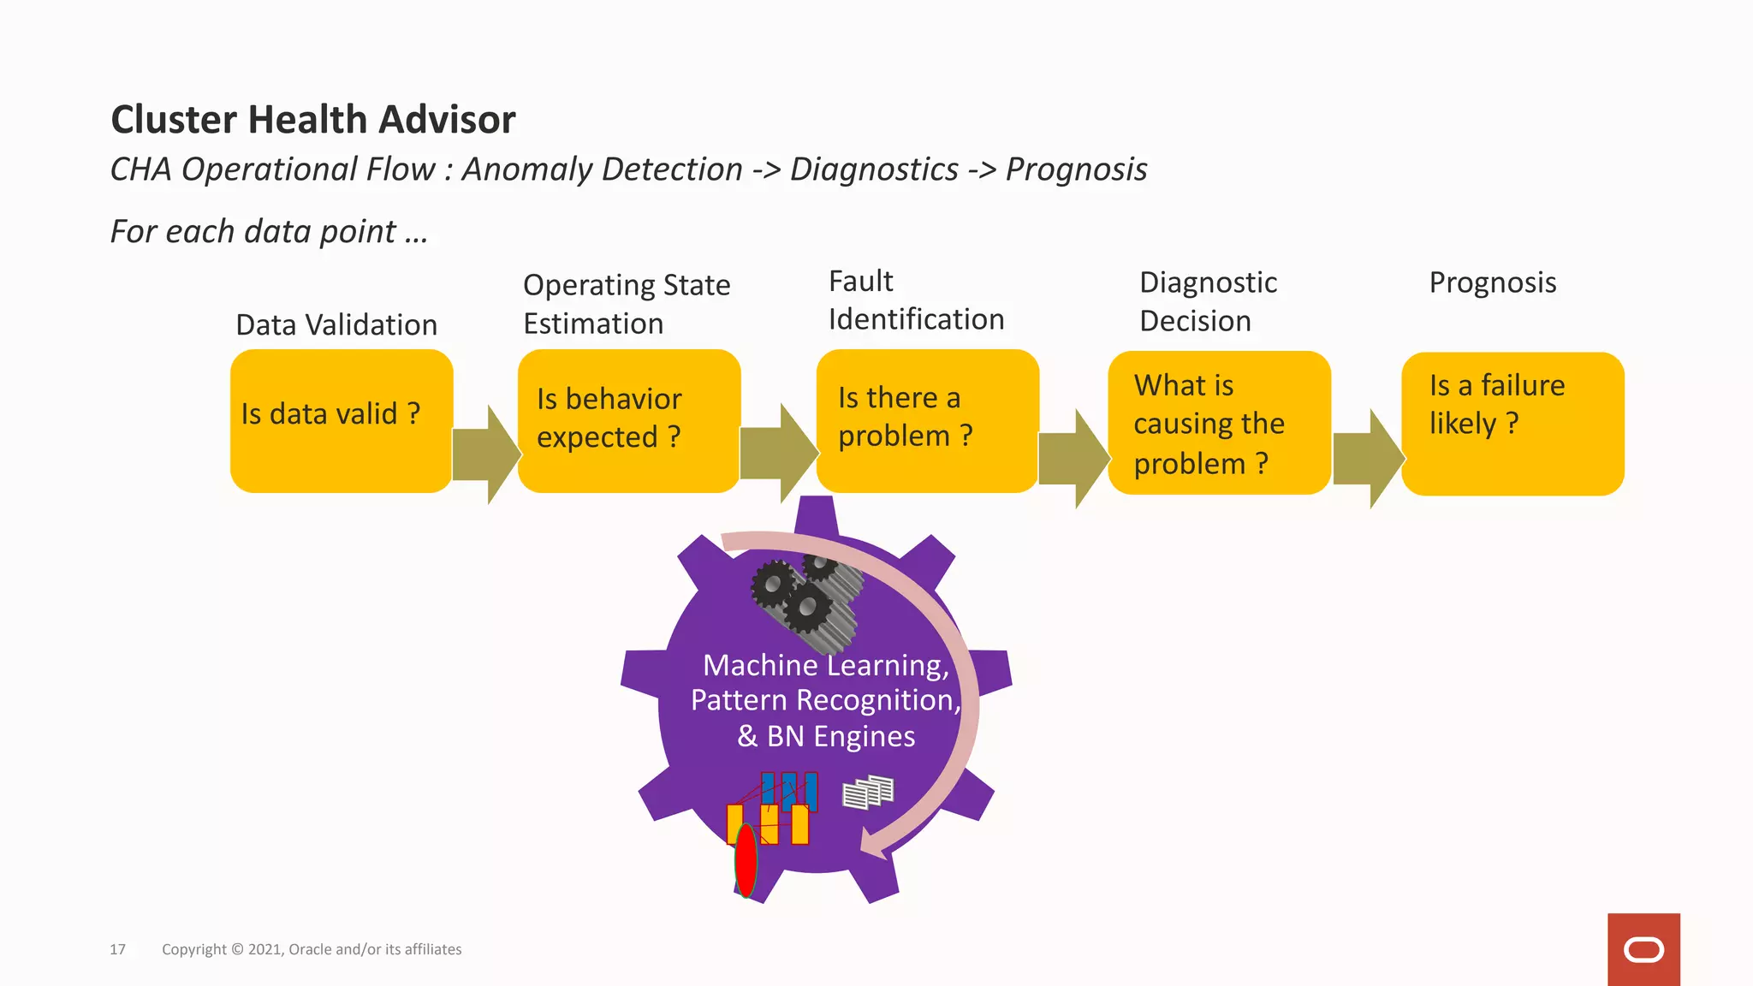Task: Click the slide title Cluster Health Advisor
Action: point(313,120)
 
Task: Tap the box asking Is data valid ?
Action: point(341,420)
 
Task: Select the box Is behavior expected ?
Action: point(628,420)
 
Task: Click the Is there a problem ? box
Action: point(927,420)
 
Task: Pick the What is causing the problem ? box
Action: point(1219,423)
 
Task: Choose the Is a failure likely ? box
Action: point(1512,424)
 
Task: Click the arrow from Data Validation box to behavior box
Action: point(485,454)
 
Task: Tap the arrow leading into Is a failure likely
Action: point(1368,459)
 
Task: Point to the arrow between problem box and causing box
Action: point(1073,459)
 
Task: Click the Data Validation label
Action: point(336,325)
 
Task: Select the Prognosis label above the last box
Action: point(1492,282)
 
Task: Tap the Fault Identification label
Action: point(916,300)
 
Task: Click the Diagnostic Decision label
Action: point(1208,301)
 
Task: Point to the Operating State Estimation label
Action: point(626,304)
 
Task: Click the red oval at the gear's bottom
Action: point(746,860)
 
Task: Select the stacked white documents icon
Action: point(867,793)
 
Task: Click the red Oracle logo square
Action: point(1643,949)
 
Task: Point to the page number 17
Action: point(117,949)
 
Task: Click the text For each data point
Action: point(269,232)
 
